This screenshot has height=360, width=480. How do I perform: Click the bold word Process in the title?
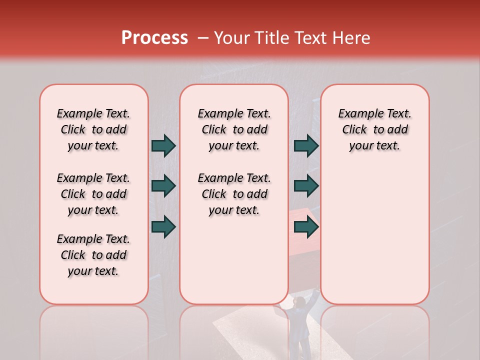coord(154,38)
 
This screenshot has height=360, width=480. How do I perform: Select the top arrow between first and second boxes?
coord(164,146)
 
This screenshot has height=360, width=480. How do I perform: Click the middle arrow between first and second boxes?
coord(164,186)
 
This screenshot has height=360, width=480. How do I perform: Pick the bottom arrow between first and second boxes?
coord(164,226)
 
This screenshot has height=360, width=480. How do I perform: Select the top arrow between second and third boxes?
coord(305,146)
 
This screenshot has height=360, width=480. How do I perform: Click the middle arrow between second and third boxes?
coord(305,186)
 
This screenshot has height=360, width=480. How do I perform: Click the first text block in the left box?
coord(93,130)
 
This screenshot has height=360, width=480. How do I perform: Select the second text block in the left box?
coord(93,194)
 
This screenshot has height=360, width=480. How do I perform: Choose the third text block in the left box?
coord(93,255)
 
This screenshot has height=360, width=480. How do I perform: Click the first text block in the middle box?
coord(234,130)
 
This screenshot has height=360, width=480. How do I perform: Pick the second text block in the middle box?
coord(234,194)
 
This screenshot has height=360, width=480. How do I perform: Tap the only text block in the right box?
coord(374,130)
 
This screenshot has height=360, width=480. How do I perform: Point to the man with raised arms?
coord(299,322)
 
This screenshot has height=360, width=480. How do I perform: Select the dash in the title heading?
coord(203,38)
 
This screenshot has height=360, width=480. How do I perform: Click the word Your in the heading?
coord(232,38)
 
